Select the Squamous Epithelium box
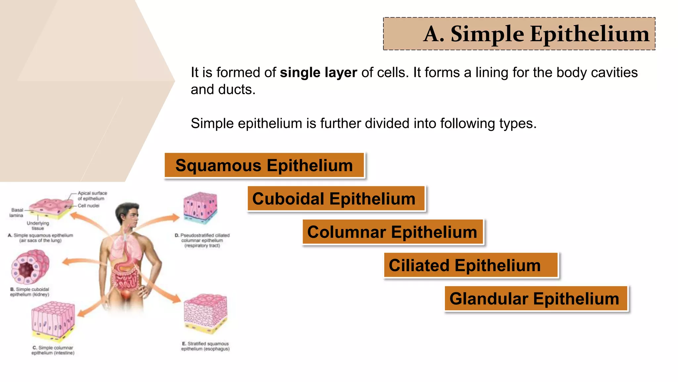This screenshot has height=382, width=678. coord(264,165)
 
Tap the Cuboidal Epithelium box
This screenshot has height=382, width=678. coord(334,199)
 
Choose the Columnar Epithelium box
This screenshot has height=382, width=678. coord(392,232)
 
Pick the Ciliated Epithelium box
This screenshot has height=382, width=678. coord(465,265)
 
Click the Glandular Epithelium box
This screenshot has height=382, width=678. coord(534,298)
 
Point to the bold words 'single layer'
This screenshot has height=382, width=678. coord(318,73)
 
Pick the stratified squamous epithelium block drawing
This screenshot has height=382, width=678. coord(205,313)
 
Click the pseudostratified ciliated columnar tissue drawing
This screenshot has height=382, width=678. coord(200,207)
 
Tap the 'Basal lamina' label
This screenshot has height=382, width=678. coord(17,213)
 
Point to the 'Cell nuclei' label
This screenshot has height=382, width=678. coord(88,206)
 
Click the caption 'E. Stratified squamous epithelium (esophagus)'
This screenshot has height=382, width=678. coord(205,346)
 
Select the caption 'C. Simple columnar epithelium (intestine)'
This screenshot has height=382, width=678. coord(53,350)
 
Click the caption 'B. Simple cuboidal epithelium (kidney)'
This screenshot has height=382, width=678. coord(30,292)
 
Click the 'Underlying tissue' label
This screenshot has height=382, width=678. coord(38,225)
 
